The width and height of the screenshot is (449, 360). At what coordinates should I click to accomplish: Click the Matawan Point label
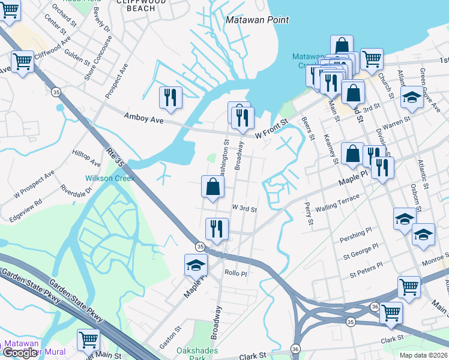[257, 20]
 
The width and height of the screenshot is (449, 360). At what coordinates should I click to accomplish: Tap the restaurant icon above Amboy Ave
[170, 98]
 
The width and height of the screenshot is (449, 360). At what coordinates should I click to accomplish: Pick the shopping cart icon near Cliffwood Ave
[22, 61]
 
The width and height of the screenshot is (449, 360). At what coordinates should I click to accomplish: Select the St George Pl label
[361, 253]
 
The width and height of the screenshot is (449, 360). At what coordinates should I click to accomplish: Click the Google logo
[21, 353]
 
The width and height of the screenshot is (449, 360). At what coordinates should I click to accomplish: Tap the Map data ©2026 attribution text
[423, 355]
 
